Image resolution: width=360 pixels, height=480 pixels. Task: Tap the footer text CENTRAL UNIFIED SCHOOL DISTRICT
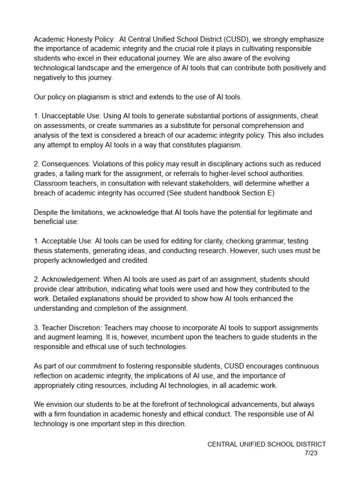coord(267,444)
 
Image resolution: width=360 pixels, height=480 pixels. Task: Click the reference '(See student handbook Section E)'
coord(220,193)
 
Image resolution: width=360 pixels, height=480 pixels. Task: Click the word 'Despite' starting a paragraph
coord(46,212)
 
